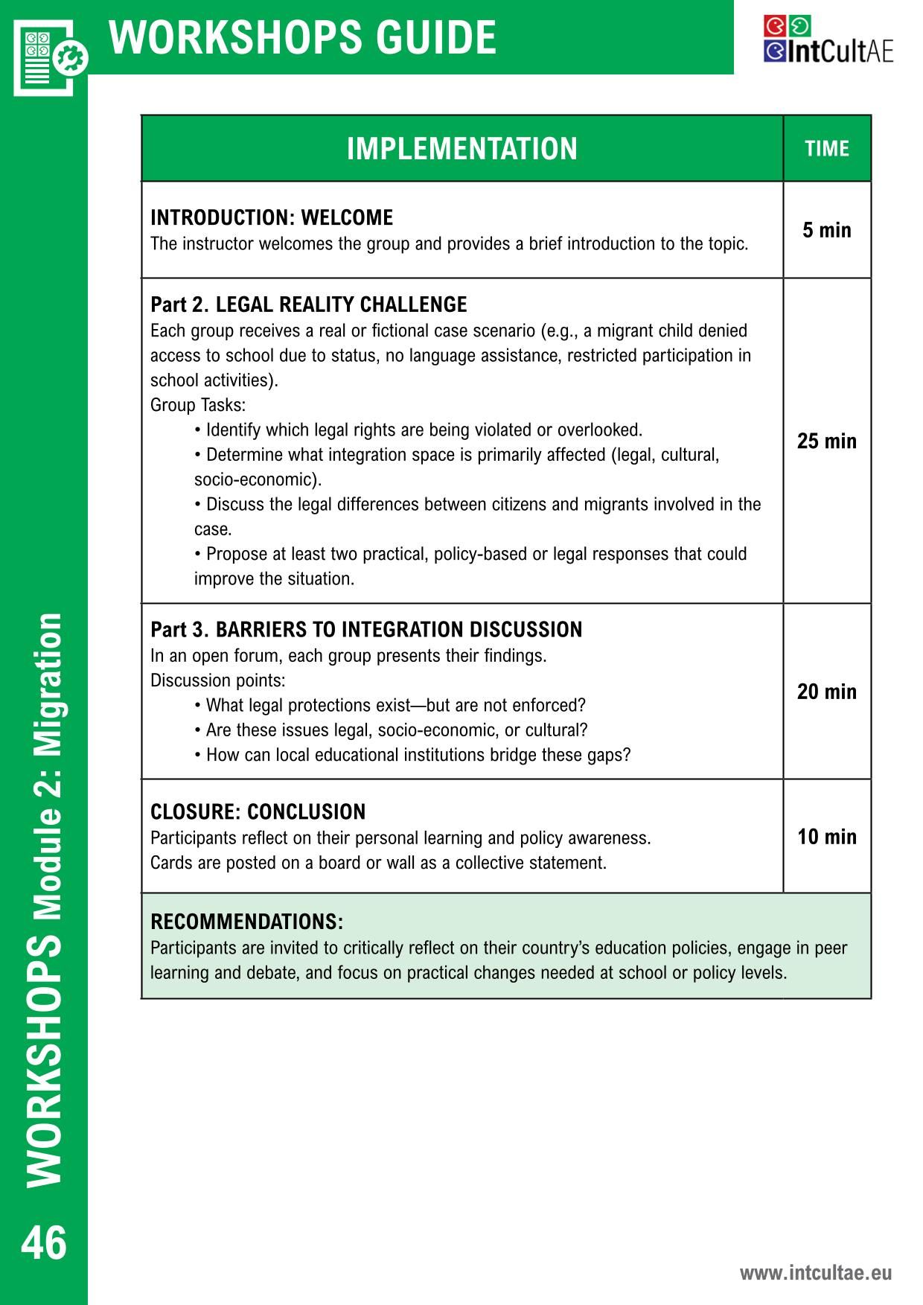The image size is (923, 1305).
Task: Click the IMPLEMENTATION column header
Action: coord(461,148)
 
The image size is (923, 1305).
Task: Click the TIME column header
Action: coord(826,148)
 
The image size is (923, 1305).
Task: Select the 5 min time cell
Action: coord(826,230)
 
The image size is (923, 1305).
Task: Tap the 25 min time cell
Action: coord(826,441)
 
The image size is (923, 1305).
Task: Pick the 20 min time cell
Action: coord(826,692)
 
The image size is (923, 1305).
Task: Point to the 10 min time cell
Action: coord(826,837)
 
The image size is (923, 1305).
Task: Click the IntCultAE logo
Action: coord(828,40)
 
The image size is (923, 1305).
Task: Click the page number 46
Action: coord(44,1243)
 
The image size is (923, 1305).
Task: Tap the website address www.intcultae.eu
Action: coord(815,1273)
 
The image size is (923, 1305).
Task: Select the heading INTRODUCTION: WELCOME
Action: coord(272,217)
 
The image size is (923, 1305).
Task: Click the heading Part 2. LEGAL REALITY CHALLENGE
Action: coord(308,304)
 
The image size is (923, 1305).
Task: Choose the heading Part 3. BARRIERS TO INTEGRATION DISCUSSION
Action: coord(366,630)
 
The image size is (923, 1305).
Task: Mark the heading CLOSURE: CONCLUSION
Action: coord(258,811)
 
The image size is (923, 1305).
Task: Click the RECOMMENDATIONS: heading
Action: coord(246,922)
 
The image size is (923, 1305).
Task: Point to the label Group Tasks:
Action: coord(197,405)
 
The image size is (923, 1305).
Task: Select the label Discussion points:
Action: coord(217,680)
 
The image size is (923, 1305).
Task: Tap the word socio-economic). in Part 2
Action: coord(258,479)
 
